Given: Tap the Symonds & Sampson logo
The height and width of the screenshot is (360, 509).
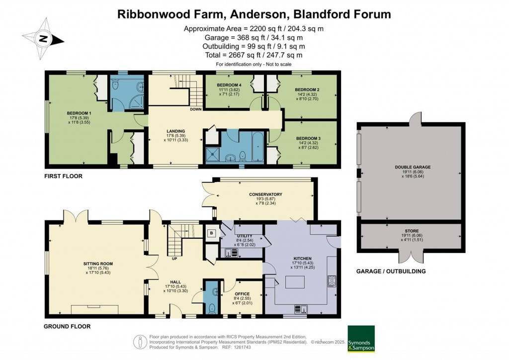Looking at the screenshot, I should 361,339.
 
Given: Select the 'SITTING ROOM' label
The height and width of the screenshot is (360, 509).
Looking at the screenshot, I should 98,264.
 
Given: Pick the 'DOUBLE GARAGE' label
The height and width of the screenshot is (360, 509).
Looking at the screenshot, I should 413,168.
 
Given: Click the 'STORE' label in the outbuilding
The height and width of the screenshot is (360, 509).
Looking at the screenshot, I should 411,231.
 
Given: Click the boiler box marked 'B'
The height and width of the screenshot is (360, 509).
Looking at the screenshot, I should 211,233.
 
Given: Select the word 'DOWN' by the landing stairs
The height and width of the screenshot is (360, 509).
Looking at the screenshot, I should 195,109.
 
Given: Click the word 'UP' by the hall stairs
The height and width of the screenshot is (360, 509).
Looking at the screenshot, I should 174,259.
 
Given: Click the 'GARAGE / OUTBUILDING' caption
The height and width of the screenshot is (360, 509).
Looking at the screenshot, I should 391,271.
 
